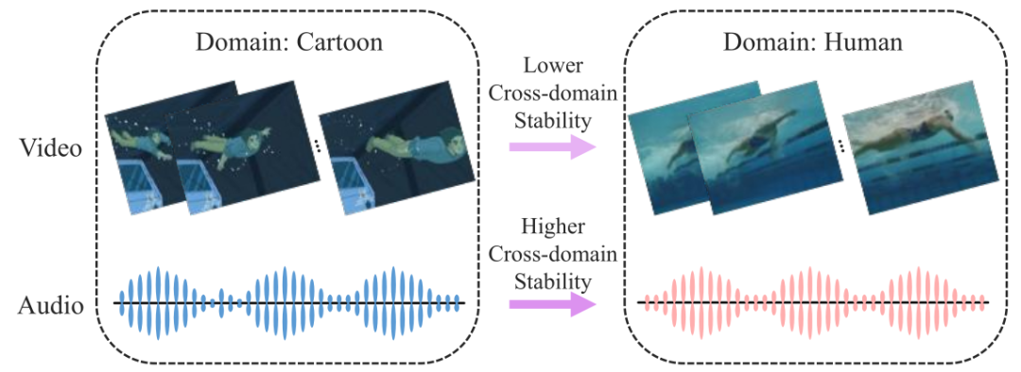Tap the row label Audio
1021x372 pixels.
click(x=50, y=305)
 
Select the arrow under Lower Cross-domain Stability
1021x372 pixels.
click(x=552, y=147)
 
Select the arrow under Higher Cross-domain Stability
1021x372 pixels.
click(x=552, y=304)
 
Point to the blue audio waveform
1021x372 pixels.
click(x=289, y=303)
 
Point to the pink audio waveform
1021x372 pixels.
click(x=814, y=303)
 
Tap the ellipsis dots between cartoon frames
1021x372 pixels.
click(x=318, y=147)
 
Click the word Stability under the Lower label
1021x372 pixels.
click(x=552, y=120)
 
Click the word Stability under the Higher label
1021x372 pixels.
click(x=552, y=281)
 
